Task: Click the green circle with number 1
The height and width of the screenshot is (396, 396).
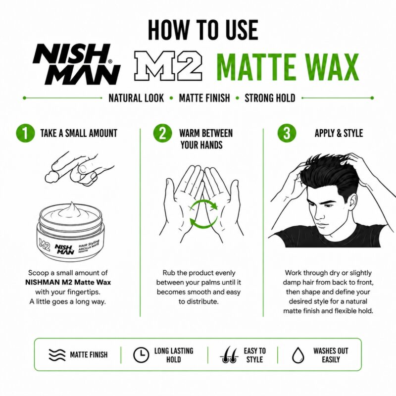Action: click(25, 133)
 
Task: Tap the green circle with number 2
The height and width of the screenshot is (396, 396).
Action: click(162, 133)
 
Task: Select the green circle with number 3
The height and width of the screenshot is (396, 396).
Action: click(287, 133)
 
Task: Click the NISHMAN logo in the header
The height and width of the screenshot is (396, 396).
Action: click(77, 64)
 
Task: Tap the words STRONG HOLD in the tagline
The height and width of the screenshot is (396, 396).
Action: click(270, 98)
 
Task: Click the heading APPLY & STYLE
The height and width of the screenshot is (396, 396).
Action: click(339, 133)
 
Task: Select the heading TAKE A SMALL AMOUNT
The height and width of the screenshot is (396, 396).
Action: click(79, 133)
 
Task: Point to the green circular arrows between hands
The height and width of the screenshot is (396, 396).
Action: click(203, 214)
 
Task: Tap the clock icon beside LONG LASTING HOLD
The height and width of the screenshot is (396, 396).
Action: click(141, 355)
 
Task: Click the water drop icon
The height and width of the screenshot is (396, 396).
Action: click(298, 355)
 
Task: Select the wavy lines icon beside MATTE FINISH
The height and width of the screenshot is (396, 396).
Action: click(57, 355)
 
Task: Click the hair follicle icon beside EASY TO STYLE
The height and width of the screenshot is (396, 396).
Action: click(229, 354)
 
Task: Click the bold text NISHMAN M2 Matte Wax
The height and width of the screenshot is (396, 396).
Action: click(68, 282)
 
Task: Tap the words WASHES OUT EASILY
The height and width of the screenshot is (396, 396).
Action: click(331, 355)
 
